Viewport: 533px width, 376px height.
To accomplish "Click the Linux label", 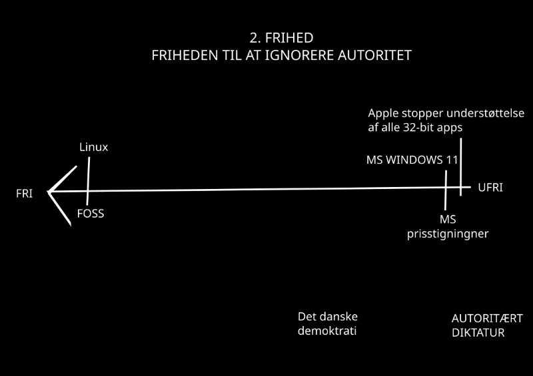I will pyautogui.click(x=93, y=147).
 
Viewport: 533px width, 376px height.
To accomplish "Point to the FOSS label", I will pyautogui.click(x=91, y=214).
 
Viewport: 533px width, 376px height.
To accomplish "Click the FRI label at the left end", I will pyautogui.click(x=25, y=193).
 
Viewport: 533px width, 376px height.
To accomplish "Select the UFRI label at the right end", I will pyautogui.click(x=490, y=188).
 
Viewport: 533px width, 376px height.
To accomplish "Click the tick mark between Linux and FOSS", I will pyautogui.click(x=88, y=180).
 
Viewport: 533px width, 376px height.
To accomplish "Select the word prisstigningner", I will pyautogui.click(x=443, y=234).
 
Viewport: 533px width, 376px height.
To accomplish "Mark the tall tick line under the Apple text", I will pyautogui.click(x=460, y=163).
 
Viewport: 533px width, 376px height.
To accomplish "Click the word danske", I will pyautogui.click(x=342, y=317).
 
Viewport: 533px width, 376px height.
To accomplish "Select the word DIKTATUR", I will pyautogui.click(x=478, y=332).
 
